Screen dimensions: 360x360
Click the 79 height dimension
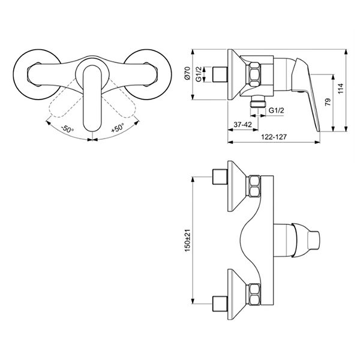tap(328, 101)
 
